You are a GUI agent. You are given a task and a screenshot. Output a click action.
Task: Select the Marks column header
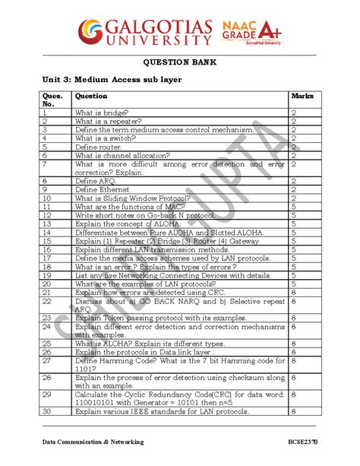coord(302,97)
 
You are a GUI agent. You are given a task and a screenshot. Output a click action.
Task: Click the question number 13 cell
coord(47,224)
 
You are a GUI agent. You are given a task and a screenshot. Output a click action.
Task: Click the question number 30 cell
coord(47,411)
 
